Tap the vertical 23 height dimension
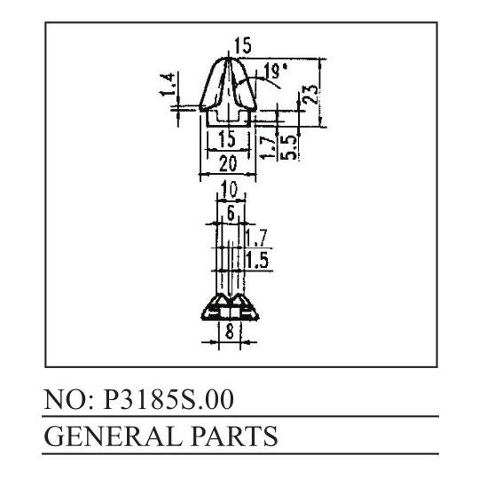pos(311,94)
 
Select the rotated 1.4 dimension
pos(168,84)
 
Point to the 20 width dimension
pos(228,163)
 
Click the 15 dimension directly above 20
pos(228,138)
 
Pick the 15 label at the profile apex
pos(242,45)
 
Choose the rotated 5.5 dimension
pos(288,147)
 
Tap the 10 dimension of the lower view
pos(229,189)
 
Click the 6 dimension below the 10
pos(231,213)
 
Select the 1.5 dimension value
pos(257,261)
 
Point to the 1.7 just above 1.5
pos(256,238)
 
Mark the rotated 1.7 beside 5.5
pos(268,147)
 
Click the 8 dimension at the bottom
pos(230,331)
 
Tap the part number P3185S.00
pos(169,400)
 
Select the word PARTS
pos(234,436)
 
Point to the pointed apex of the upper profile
pos(228,58)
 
